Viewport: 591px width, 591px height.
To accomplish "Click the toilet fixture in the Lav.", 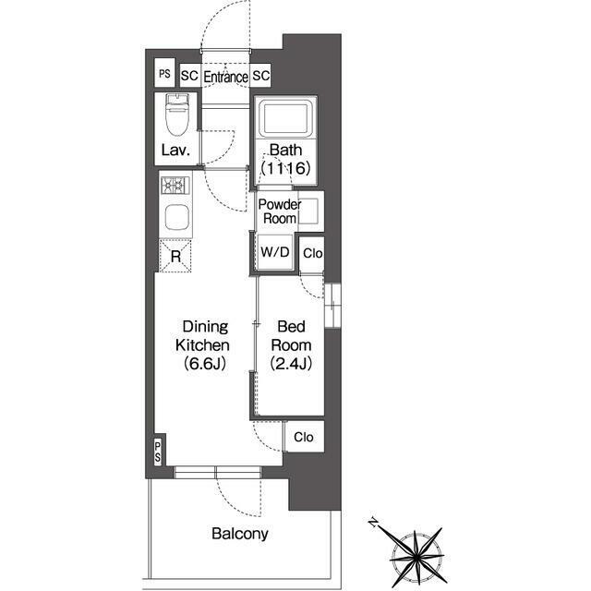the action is click(x=176, y=115).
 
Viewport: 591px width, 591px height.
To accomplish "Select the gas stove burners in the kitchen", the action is click(x=175, y=186).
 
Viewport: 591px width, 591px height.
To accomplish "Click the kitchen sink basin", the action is click(x=176, y=217).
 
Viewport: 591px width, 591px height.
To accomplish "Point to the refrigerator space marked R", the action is click(x=175, y=257).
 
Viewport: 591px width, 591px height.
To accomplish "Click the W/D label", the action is click(x=275, y=252).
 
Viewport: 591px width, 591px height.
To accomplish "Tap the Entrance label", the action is click(x=225, y=77).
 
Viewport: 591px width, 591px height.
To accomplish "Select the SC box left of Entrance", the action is click(x=189, y=76).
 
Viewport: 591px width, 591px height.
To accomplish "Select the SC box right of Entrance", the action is click(x=260, y=76).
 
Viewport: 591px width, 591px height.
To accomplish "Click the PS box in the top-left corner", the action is click(x=164, y=73).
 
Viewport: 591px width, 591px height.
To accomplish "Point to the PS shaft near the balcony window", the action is click(x=158, y=452).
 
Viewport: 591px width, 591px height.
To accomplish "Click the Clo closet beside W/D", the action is click(x=312, y=254).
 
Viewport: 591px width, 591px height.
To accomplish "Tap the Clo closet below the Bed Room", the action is click(x=304, y=437).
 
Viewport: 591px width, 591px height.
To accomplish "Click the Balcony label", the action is click(x=240, y=534).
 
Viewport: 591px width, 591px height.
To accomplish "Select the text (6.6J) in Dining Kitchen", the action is click(x=205, y=363).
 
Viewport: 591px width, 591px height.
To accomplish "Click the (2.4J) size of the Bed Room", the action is click(x=291, y=363).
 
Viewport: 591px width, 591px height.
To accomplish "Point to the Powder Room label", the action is click(x=280, y=211).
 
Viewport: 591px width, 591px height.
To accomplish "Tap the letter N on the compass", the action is click(x=373, y=523).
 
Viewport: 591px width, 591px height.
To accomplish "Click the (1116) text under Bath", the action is click(x=286, y=168).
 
